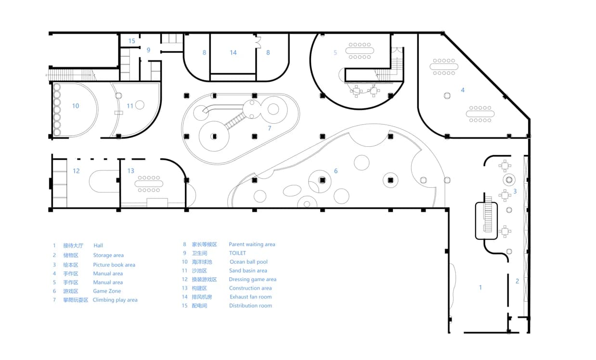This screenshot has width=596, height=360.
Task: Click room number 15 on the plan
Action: [x=131, y=41]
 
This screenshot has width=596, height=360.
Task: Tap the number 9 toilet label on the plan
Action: [x=148, y=50]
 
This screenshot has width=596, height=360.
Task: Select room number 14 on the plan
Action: [x=233, y=52]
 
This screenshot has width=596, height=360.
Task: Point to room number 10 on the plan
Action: [x=75, y=106]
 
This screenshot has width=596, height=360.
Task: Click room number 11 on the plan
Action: [x=130, y=106]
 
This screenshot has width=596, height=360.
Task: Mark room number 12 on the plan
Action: [x=76, y=171]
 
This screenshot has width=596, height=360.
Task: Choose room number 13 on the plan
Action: [x=131, y=171]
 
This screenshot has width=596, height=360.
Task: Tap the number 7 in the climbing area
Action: [x=270, y=129]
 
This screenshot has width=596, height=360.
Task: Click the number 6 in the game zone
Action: [x=336, y=171]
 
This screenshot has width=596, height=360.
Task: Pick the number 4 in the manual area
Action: [x=463, y=90]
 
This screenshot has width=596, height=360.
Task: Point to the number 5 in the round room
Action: [x=336, y=52]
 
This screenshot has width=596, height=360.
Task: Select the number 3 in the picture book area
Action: [x=515, y=191]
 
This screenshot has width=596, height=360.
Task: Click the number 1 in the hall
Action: [x=480, y=287]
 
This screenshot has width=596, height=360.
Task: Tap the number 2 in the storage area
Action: [x=518, y=281]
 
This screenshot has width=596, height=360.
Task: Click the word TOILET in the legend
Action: [x=237, y=253]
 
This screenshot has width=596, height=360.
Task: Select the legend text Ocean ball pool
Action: [x=248, y=262]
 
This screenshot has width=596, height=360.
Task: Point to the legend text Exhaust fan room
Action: [x=250, y=297]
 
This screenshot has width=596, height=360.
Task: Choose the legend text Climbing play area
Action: [x=115, y=300]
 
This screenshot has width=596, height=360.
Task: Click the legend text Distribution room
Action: [x=250, y=306]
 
